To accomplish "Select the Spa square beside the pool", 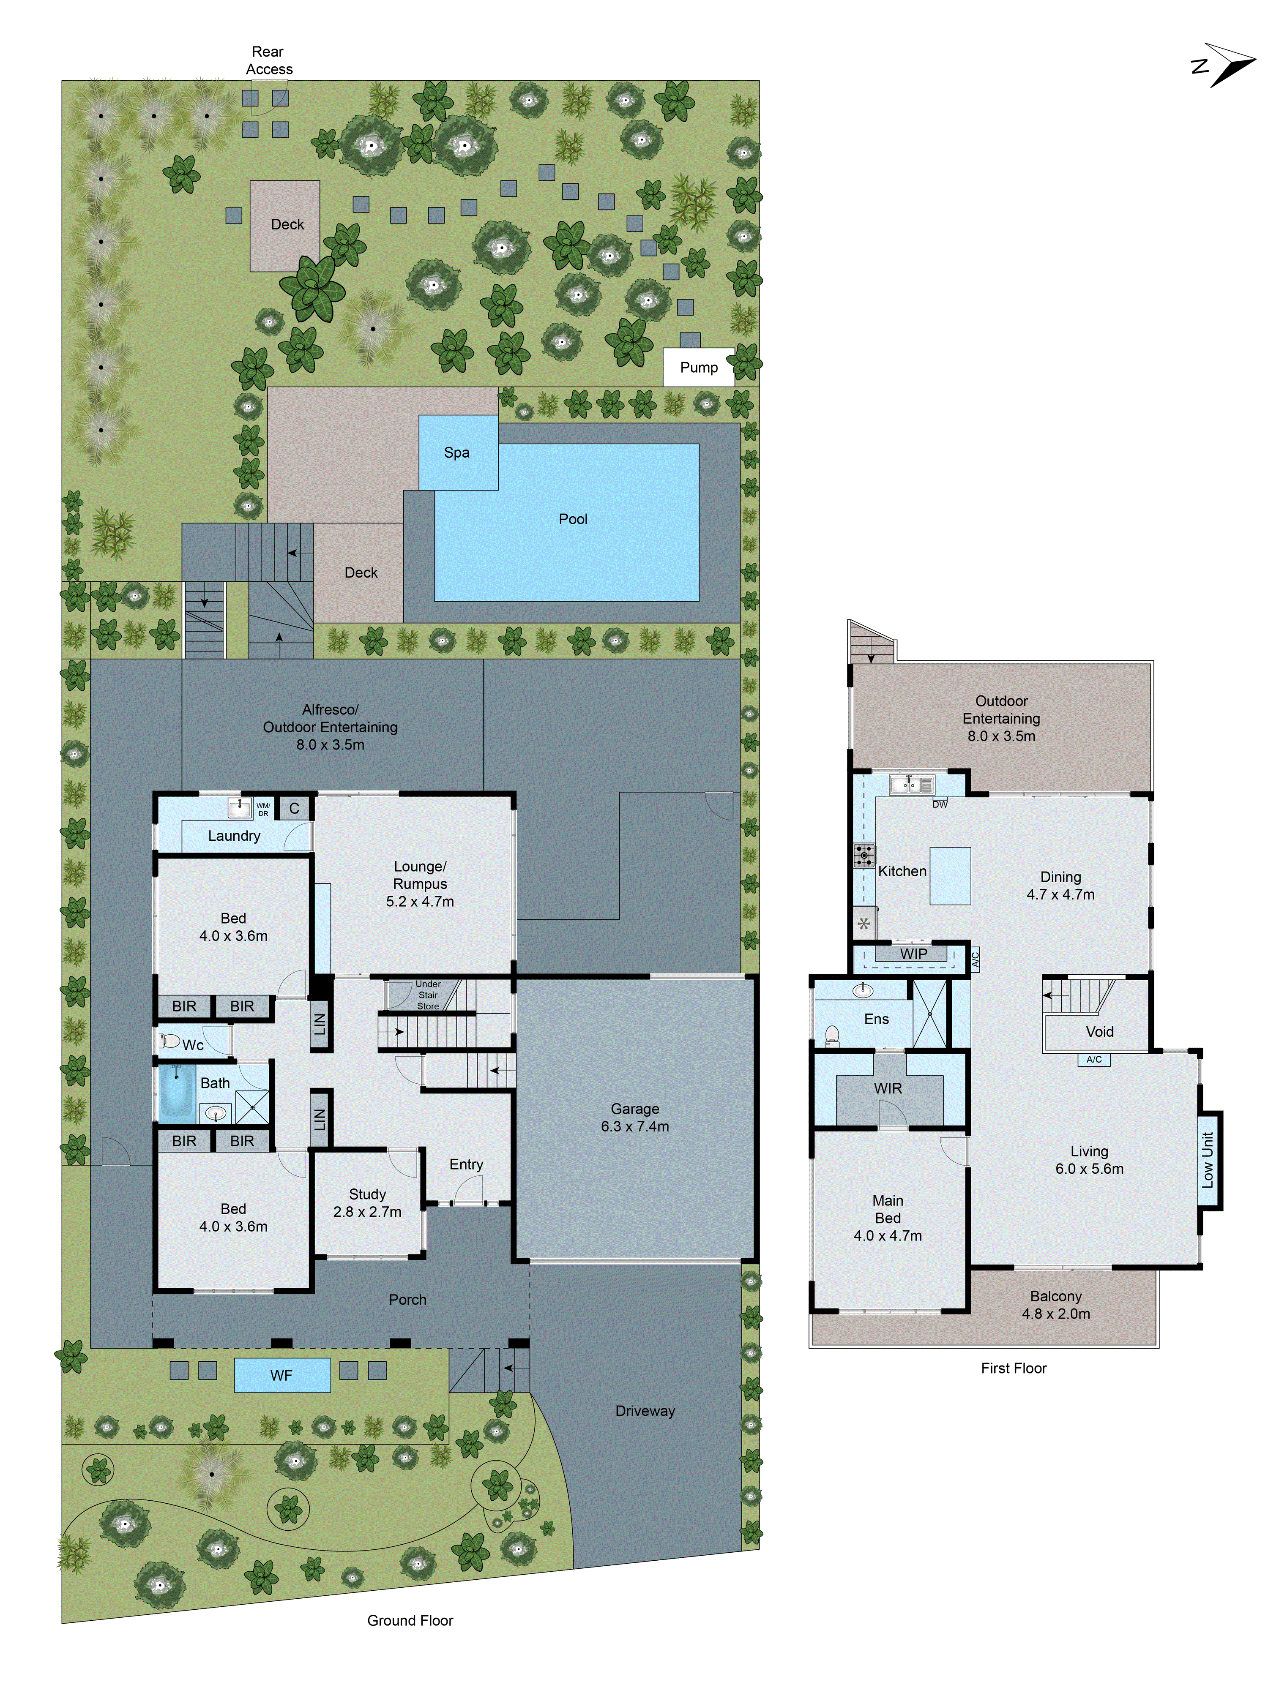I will (457, 452).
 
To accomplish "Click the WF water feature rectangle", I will (281, 1375).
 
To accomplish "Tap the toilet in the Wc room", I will (169, 1041).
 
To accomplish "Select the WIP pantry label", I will (913, 954).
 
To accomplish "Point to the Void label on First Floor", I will (1099, 1031).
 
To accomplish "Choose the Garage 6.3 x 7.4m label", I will (634, 1117).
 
